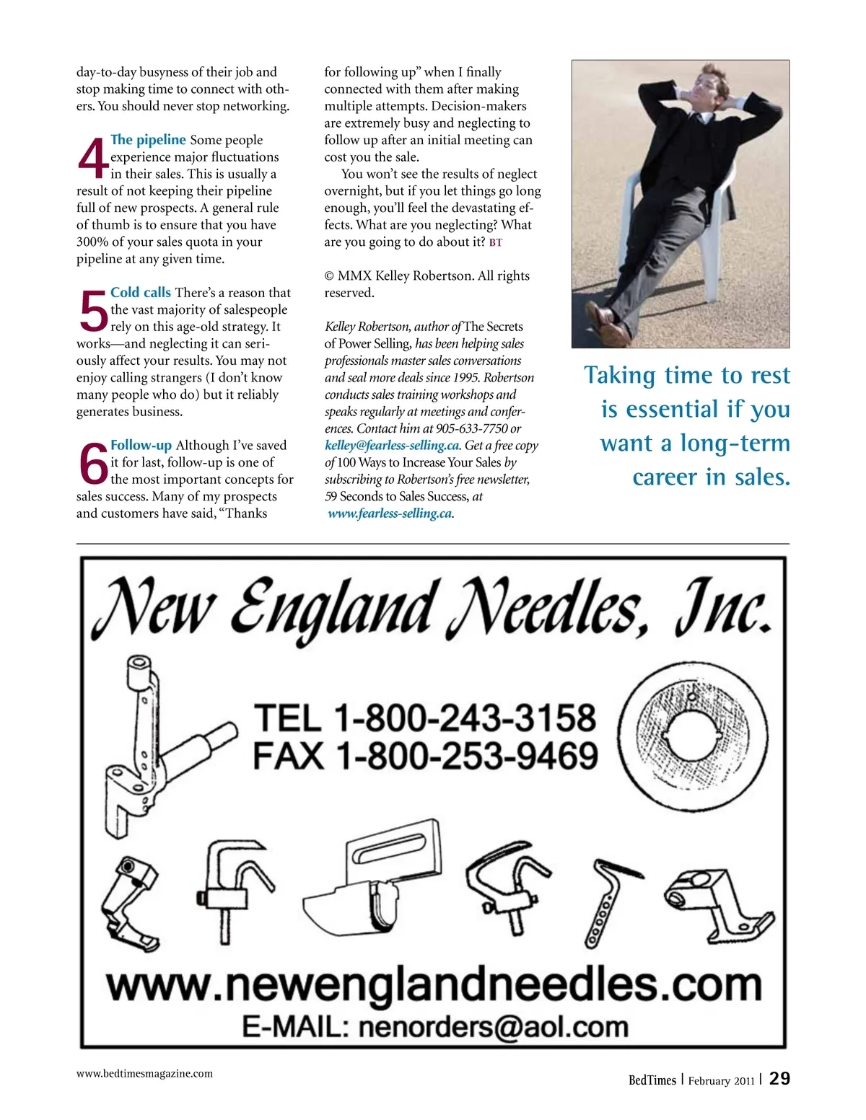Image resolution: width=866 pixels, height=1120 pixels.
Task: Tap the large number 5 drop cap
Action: pos(92,311)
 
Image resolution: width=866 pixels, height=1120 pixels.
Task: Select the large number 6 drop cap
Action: pos(92,464)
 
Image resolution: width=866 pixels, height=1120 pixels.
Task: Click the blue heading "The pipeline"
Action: pos(148,140)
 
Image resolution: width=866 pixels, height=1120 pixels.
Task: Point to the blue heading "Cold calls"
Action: pos(141,293)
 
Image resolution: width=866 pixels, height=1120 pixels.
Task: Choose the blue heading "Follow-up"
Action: pos(141,446)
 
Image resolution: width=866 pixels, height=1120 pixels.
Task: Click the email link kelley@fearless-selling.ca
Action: pos(392,446)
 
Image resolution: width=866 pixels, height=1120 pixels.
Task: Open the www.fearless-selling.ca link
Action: pos(390,513)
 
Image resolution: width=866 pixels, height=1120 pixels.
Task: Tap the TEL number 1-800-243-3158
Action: pos(465,718)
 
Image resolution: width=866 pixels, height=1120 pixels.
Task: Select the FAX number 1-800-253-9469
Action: pos(468,756)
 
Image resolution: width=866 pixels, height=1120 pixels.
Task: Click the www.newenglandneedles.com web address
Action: pos(434,985)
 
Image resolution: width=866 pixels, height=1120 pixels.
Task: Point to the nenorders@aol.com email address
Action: pos(493,1027)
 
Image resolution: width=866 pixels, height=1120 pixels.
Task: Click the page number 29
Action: pos(779,1079)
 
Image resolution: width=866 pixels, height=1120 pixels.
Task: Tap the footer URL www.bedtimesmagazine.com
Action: pos(144,1073)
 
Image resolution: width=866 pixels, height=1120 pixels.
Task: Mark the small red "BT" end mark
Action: pos(496,242)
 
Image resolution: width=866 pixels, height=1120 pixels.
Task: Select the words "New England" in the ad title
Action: pos(274,609)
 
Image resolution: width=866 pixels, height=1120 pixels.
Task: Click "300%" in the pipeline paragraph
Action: pos(92,242)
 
